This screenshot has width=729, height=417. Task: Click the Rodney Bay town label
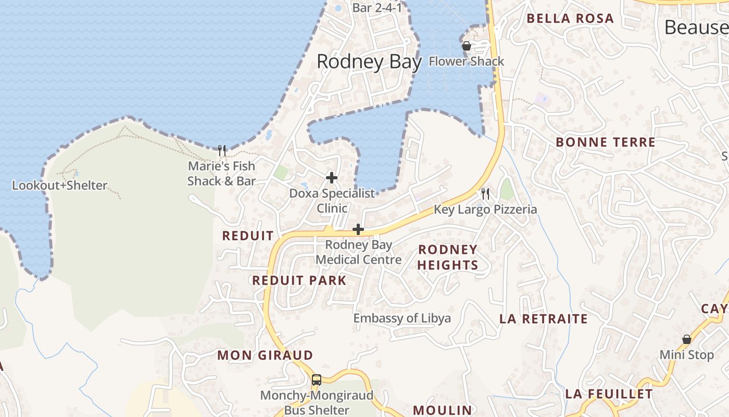pos(369,62)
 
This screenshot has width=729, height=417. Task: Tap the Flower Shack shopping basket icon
pos(466,46)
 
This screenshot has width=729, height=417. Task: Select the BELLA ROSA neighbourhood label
pos(570,19)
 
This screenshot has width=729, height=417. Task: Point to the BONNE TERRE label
pos(606,142)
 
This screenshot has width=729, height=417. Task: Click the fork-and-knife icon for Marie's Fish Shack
pos(222,151)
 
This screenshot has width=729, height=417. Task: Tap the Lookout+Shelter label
pos(59,185)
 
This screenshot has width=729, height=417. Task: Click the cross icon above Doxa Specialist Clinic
pos(332,178)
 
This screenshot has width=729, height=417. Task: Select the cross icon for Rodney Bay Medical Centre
pos(358,229)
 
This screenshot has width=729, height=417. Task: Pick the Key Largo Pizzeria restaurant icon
pos(485,194)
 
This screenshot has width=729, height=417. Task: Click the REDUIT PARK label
pos(299,280)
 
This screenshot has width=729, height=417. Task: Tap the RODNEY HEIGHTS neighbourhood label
pos(447,257)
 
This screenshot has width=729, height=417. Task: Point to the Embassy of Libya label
pos(402,318)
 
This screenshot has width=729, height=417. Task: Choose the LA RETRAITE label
pos(544,318)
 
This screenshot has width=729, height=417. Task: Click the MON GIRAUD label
pos(265,355)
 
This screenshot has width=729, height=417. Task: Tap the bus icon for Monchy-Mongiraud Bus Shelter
pos(316,379)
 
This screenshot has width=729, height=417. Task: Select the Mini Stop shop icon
pos(687,339)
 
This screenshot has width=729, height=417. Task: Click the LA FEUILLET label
pos(609,394)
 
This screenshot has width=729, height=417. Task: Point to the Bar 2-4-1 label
pos(377,8)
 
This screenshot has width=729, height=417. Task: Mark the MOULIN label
pos(443,410)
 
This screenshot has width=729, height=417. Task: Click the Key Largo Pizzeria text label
pos(485,210)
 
